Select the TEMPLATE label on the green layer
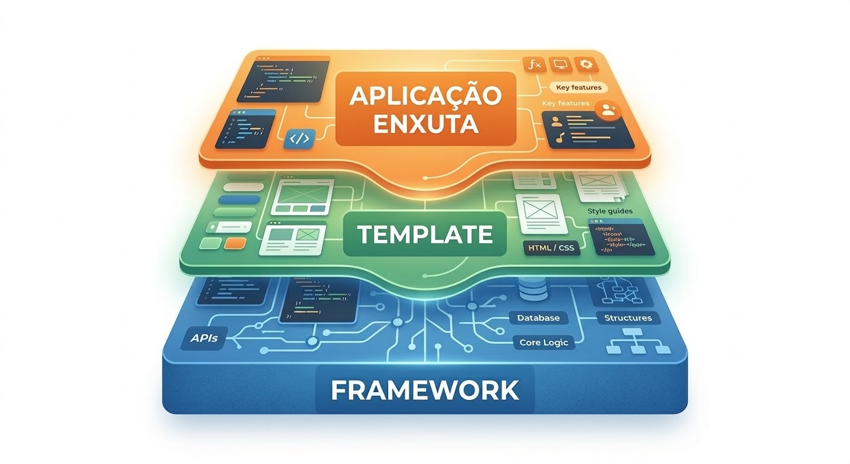coord(424,234)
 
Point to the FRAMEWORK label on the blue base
coord(424,390)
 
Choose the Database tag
coord(538,318)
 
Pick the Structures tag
coord(628,318)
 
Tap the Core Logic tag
coord(543,343)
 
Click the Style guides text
coord(610,211)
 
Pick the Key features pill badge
coord(578,88)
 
